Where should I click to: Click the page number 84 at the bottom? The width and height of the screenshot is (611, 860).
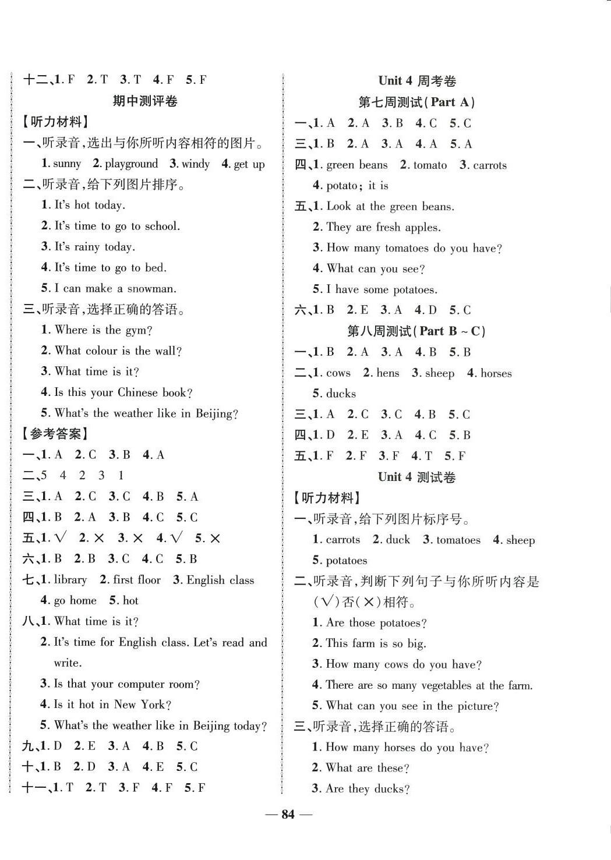click(x=288, y=814)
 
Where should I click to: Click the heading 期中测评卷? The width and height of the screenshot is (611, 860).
click(x=145, y=101)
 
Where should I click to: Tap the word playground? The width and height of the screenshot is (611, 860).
click(x=131, y=164)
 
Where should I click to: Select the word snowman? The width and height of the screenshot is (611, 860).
click(x=152, y=288)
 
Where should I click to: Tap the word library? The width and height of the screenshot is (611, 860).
click(x=70, y=580)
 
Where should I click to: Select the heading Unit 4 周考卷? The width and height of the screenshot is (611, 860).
click(x=417, y=81)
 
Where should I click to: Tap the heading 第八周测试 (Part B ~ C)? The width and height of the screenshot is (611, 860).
click(x=416, y=331)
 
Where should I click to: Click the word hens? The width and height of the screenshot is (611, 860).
click(x=388, y=373)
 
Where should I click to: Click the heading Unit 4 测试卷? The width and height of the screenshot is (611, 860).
click(x=416, y=477)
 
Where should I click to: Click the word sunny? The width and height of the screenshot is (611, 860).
click(x=66, y=164)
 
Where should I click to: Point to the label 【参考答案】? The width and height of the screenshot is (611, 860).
click(x=56, y=434)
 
